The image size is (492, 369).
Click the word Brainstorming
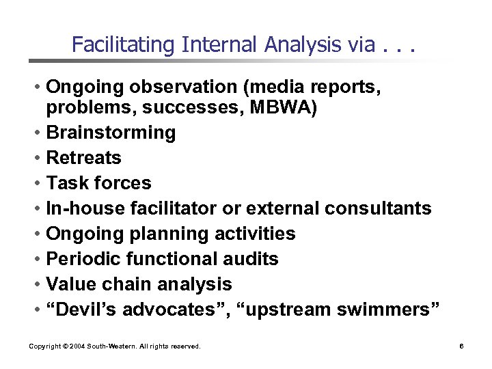coord(111,133)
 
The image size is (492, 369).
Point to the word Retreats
coord(83,158)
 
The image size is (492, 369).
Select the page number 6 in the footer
coord(462,346)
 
